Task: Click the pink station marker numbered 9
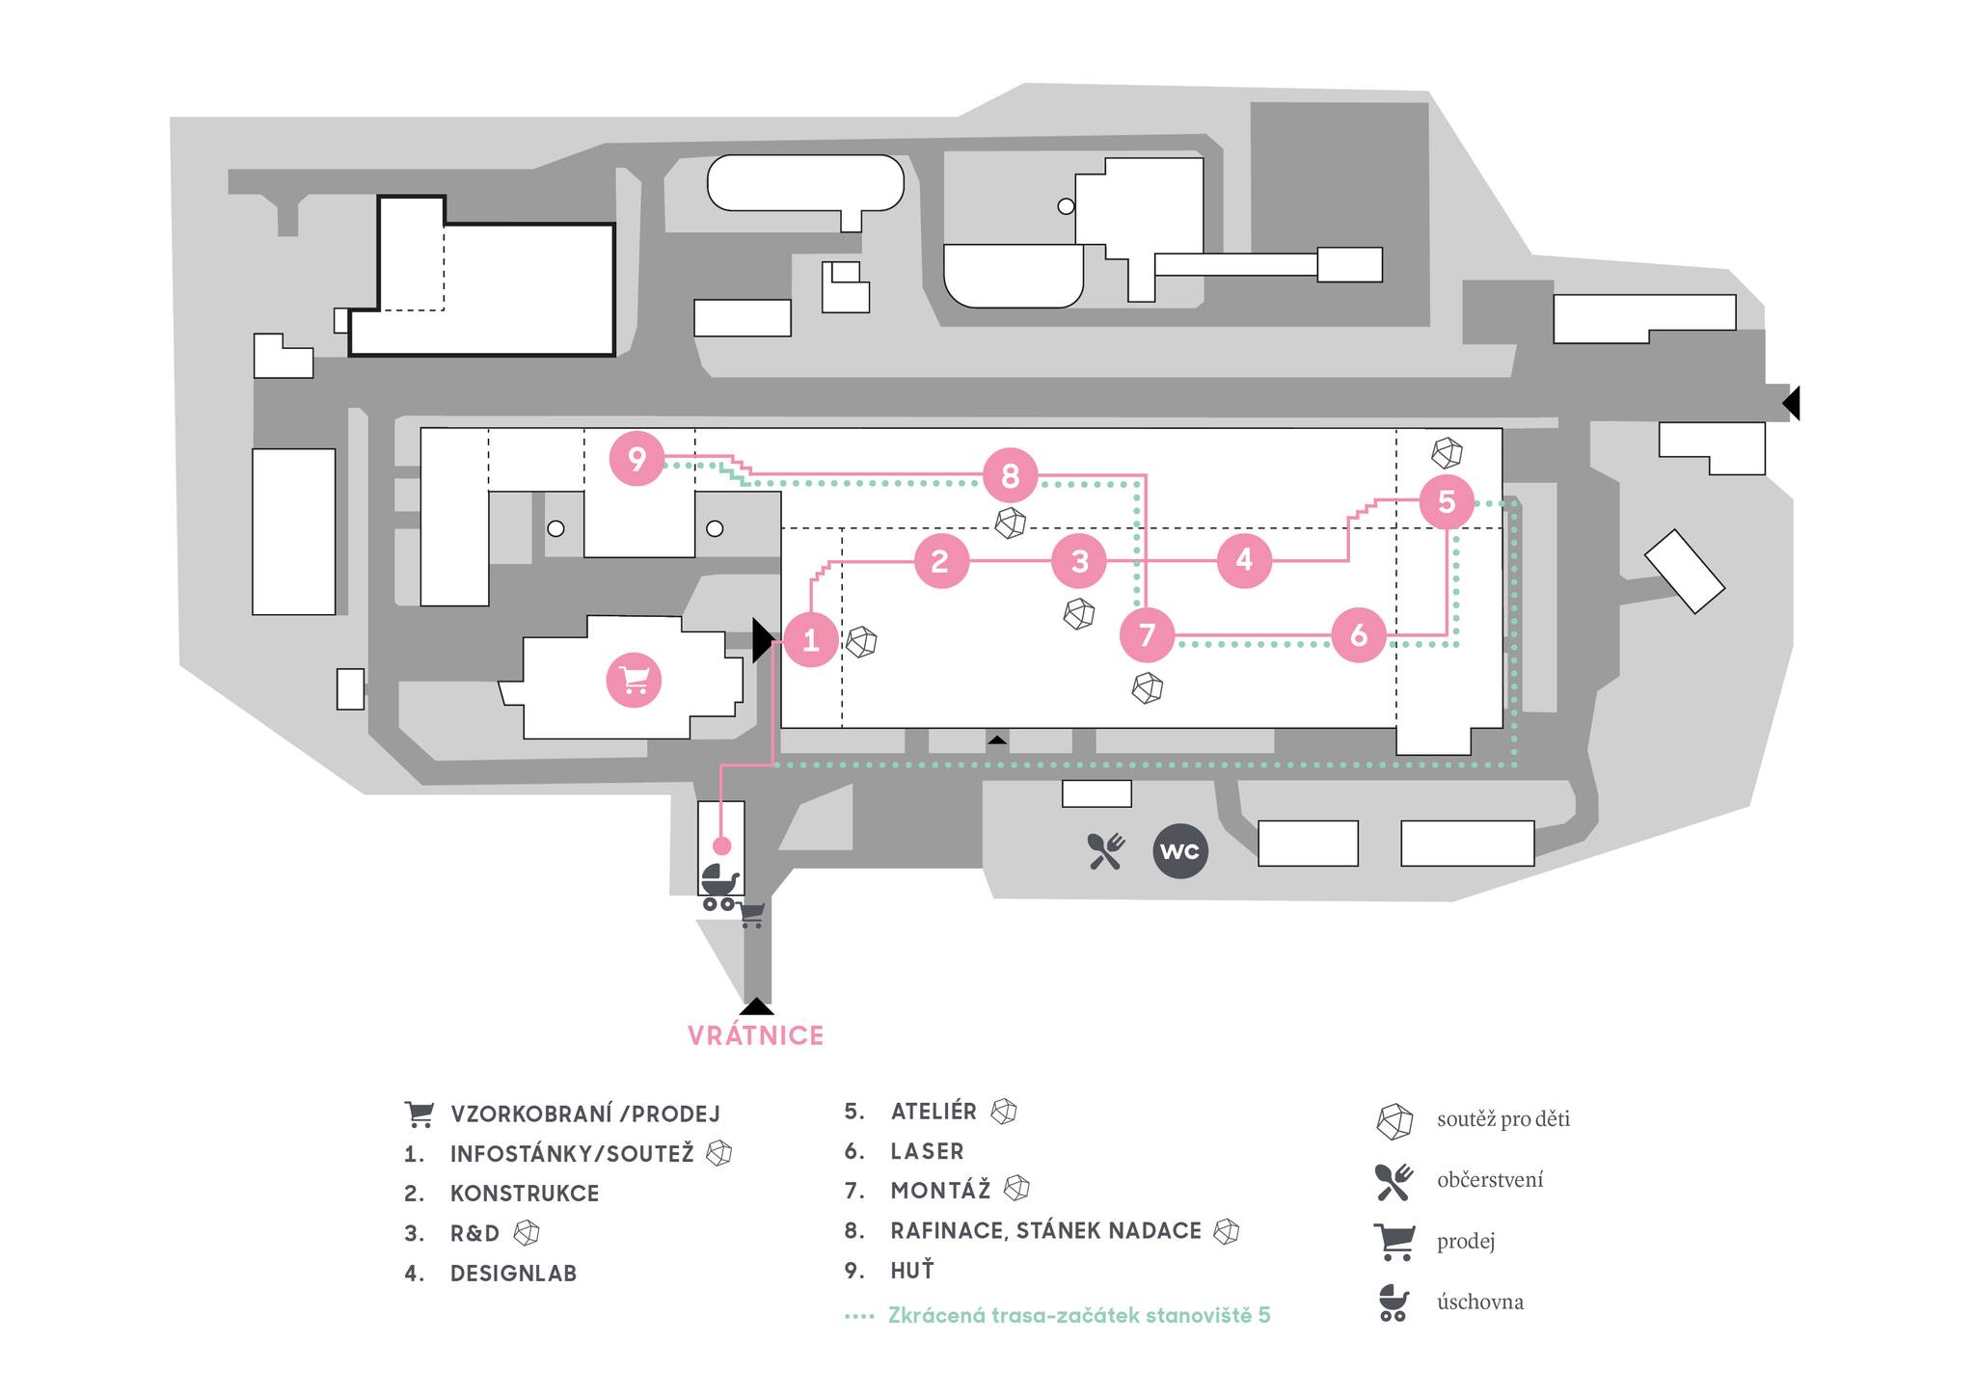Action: pos(636,459)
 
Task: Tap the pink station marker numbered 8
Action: pos(1010,475)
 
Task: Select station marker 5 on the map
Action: pos(1446,501)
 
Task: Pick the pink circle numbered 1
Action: pos(810,640)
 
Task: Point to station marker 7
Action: pos(1147,634)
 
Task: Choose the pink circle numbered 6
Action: pos(1358,634)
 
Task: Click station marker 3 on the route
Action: pos(1079,560)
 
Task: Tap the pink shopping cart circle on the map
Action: pos(634,680)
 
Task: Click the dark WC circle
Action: pos(1180,851)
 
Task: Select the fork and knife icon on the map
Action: pos(1105,851)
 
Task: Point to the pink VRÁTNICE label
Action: pos(755,1035)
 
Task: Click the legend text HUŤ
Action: pos(912,1271)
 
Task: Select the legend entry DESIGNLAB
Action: pos(513,1274)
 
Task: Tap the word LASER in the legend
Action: pos(927,1151)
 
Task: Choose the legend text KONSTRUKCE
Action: pos(525,1194)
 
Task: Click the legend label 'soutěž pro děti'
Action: pos(1502,1119)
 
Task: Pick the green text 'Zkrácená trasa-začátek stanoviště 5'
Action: pos(1079,1315)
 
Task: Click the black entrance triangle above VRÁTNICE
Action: pos(757,1007)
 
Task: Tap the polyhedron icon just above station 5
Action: pos(1447,452)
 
